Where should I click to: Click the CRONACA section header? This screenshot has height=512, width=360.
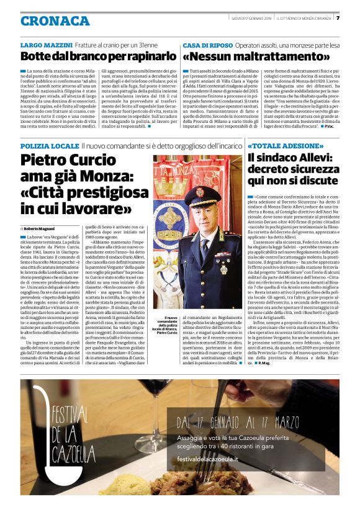[x=55, y=20]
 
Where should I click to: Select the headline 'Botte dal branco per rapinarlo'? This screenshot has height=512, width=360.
[x=98, y=57]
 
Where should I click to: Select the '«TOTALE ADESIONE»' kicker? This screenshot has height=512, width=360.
[x=279, y=146]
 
